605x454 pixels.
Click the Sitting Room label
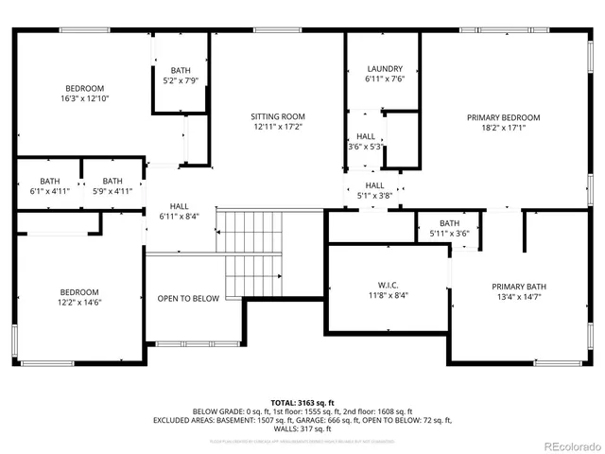click(278, 116)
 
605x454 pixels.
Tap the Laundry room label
click(385, 69)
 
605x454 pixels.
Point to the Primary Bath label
click(518, 287)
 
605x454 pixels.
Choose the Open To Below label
click(188, 299)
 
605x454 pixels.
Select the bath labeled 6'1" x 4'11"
click(50, 186)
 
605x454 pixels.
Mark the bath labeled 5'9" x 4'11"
click(112, 186)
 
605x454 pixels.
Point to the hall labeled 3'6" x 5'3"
click(366, 142)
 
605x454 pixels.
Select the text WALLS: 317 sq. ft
click(302, 428)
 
